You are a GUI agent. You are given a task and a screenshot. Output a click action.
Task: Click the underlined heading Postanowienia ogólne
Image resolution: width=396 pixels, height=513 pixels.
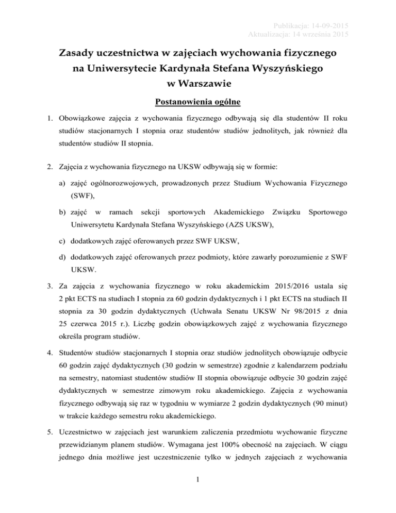pyautogui.click(x=198, y=103)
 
